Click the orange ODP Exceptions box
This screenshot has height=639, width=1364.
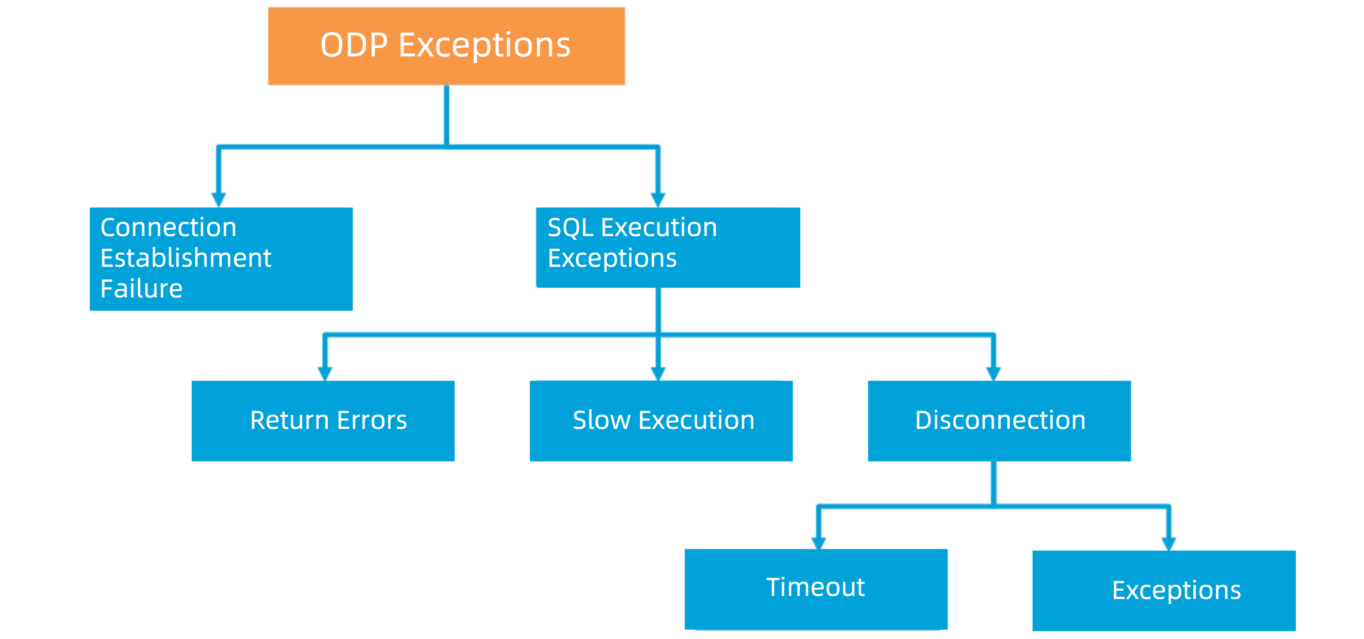[x=446, y=46]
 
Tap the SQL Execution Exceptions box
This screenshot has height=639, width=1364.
[x=668, y=247]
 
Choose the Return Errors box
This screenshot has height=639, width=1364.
[x=323, y=421]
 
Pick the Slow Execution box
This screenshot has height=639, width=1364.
[x=661, y=421]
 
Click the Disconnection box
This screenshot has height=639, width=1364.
[x=999, y=421]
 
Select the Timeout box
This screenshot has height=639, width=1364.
[x=815, y=589]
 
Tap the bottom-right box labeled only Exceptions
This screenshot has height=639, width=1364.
[x=1164, y=590]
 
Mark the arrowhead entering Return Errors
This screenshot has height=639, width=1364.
[x=325, y=373]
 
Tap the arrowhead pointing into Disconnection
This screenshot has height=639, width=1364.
[x=993, y=373]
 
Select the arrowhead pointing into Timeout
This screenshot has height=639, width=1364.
[x=819, y=543]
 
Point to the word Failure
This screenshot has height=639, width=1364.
[x=141, y=289]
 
